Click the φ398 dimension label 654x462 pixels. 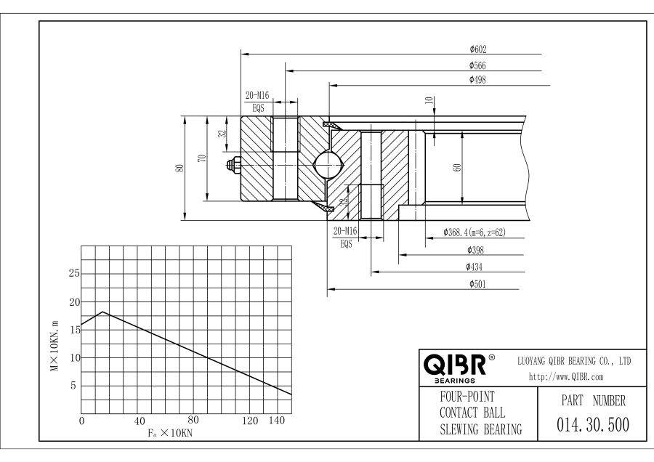click(x=477, y=250)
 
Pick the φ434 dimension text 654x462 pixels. click(x=477, y=267)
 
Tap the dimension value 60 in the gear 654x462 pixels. click(x=457, y=167)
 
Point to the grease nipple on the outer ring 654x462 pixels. click(x=234, y=166)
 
